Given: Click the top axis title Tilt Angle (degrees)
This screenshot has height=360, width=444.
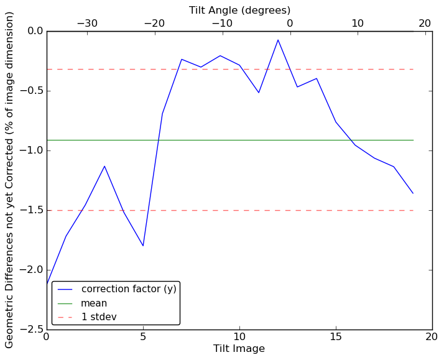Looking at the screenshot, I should click(239, 10).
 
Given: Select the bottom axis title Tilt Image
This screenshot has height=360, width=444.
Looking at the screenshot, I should click(239, 349).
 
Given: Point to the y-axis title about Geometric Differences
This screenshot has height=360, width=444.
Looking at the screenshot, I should click(10, 180).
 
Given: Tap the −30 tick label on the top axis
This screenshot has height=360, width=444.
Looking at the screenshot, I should click(87, 23).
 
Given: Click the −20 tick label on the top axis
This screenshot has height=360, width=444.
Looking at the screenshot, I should click(154, 23).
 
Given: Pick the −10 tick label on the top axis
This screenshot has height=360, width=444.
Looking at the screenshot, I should click(222, 23).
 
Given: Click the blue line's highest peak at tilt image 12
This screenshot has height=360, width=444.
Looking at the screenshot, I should click(278, 40).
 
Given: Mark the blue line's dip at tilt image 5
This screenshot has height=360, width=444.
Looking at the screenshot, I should click(143, 246).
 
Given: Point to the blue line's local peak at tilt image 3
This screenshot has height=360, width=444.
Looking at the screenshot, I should click(104, 166).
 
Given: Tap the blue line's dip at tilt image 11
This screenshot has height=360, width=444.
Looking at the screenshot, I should click(259, 93).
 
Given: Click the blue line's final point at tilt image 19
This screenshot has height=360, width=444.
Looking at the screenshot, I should click(413, 193).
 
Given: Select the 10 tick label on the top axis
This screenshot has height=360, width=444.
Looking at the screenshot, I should click(358, 23).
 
